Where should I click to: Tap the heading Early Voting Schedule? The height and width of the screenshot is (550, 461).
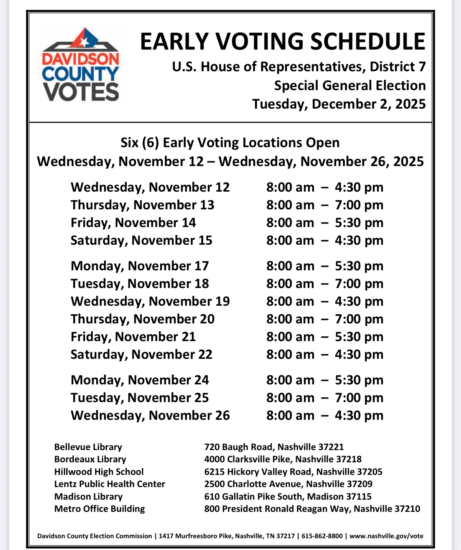[x=283, y=41]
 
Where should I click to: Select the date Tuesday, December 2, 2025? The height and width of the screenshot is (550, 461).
[x=339, y=104]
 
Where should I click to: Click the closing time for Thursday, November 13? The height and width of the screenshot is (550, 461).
[x=359, y=205]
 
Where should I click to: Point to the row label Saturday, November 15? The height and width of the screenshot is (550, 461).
[x=141, y=240]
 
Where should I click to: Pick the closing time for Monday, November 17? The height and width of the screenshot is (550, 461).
[x=359, y=266]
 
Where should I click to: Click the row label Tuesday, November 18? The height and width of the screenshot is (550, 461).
[x=140, y=284]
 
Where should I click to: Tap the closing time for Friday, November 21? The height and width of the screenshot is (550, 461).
[x=359, y=337]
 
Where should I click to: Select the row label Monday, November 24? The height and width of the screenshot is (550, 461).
[x=140, y=380]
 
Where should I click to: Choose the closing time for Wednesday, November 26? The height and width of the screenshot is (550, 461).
[x=359, y=415]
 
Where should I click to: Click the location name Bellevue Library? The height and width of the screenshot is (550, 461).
[x=88, y=447]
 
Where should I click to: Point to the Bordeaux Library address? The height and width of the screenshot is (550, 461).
[x=283, y=459]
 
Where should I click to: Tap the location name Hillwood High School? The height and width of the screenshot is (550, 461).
[x=99, y=472]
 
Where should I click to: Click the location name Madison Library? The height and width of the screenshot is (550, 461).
[x=89, y=496]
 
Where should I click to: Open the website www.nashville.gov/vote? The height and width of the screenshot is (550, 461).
[x=386, y=536]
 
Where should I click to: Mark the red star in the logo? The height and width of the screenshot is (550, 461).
[x=84, y=40]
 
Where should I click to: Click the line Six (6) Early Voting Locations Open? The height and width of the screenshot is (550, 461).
[x=230, y=142]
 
